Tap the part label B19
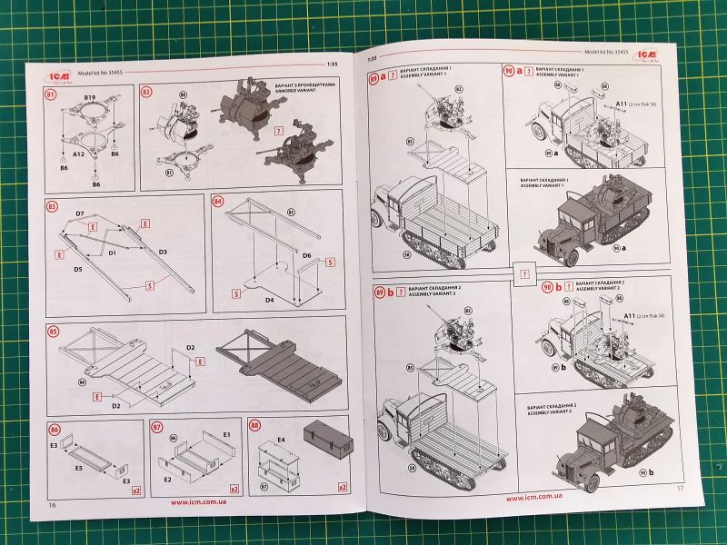[x=90, y=95]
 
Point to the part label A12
[x=78, y=154]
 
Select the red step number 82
[x=146, y=93]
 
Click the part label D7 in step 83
[x=80, y=213]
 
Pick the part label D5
[x=79, y=270]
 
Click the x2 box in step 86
[x=136, y=490]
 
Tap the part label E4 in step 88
[x=281, y=439]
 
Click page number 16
[x=52, y=504]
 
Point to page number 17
[x=679, y=489]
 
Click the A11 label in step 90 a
[x=623, y=104]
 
